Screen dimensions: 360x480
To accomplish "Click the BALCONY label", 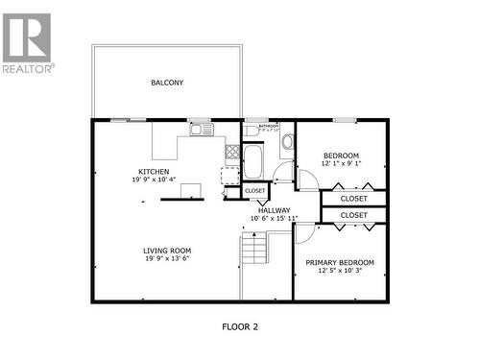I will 167,83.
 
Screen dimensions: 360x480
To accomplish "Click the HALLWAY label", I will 274,209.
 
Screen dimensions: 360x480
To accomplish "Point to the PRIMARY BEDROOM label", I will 340,262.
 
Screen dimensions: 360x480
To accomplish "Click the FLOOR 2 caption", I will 240,327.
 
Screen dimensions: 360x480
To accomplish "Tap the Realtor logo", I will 27,43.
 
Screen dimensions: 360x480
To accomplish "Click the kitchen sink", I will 201,130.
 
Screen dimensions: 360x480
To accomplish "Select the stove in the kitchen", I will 231,151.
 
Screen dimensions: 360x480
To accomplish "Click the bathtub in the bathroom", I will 252,161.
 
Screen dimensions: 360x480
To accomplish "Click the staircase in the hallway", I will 253,252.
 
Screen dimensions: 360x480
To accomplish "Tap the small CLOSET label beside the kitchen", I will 254,191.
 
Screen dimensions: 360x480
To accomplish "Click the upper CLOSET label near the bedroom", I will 353,199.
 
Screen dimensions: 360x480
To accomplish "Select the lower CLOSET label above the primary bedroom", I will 353,215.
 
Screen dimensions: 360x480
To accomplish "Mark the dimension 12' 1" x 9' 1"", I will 341,163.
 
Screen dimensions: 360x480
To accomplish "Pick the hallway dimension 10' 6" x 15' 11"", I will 274,218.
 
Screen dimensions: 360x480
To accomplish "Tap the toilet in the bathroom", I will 286,143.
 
